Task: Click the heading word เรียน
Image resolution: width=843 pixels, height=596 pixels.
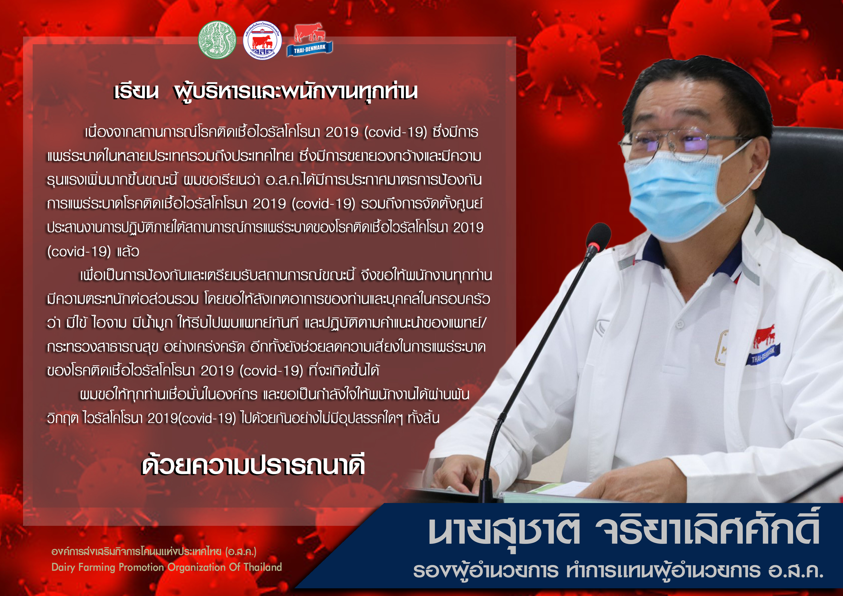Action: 136,92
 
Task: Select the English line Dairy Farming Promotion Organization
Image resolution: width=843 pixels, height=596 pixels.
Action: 166,568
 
